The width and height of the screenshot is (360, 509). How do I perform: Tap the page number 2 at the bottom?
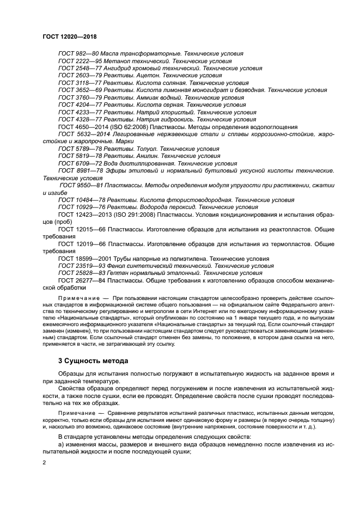click(45, 463)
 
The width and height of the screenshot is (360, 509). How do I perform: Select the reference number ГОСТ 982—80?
click(77, 53)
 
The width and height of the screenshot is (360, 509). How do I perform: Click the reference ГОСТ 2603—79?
click(80, 76)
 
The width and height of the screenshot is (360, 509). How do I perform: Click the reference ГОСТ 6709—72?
click(80, 163)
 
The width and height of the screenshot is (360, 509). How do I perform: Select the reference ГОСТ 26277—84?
click(81, 280)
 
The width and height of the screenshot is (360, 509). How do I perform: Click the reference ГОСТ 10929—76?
click(81, 207)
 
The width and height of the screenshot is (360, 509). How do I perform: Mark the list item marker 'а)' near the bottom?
click(61, 445)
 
